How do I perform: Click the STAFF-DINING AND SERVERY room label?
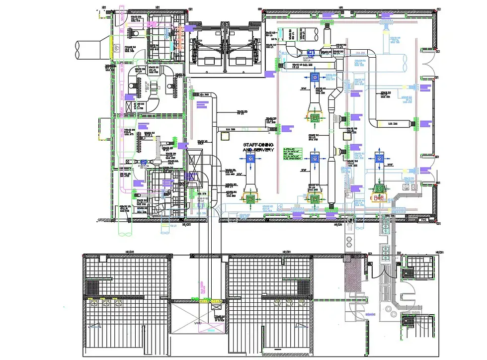258,147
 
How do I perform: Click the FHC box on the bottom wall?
424,219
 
